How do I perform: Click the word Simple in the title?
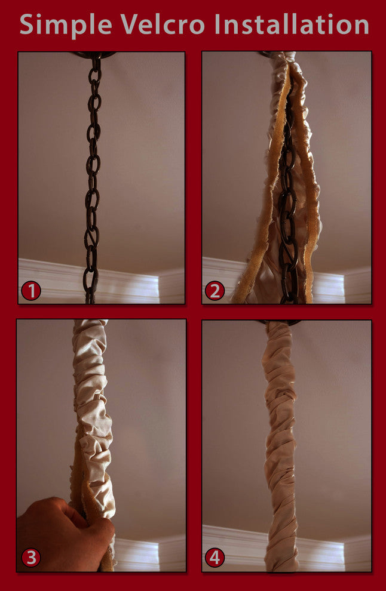coord(66,24)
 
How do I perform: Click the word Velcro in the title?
coord(163,24)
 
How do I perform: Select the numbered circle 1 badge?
coord(30,291)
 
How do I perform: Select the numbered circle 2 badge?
coord(215,291)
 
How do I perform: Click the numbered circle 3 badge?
coord(30,558)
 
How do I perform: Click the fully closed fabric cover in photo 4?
coord(281,448)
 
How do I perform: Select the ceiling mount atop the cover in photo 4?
coord(279,323)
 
